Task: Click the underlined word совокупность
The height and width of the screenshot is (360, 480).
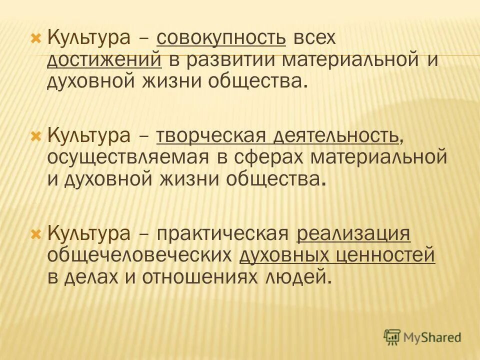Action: pyautogui.click(x=221, y=38)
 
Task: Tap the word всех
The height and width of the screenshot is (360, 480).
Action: pyautogui.click(x=311, y=38)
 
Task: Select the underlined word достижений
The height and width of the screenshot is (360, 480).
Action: pyautogui.click(x=104, y=60)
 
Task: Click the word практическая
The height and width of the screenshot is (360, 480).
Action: pyautogui.click(x=223, y=234)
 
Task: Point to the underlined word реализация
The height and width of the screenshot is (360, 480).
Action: pyautogui.click(x=353, y=234)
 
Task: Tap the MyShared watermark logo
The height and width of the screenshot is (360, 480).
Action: pyautogui.click(x=422, y=337)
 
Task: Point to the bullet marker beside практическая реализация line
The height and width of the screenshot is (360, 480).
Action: pyautogui.click(x=35, y=234)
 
